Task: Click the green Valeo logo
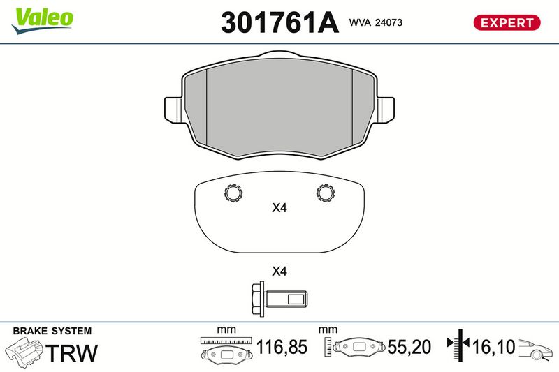(42, 21)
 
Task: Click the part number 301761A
(279, 22)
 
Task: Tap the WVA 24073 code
(376, 22)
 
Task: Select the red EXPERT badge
(507, 23)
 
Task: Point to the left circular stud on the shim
(233, 193)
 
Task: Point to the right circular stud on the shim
(326, 193)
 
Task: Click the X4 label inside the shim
(279, 208)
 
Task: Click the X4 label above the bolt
(279, 271)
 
